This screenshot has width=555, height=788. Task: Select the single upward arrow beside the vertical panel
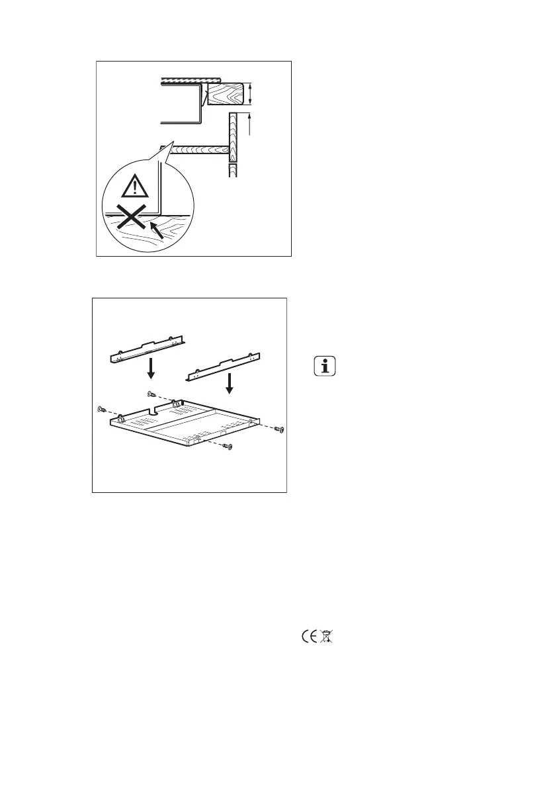250,124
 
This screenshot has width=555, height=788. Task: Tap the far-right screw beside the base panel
279,431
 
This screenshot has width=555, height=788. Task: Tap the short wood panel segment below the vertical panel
232,171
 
